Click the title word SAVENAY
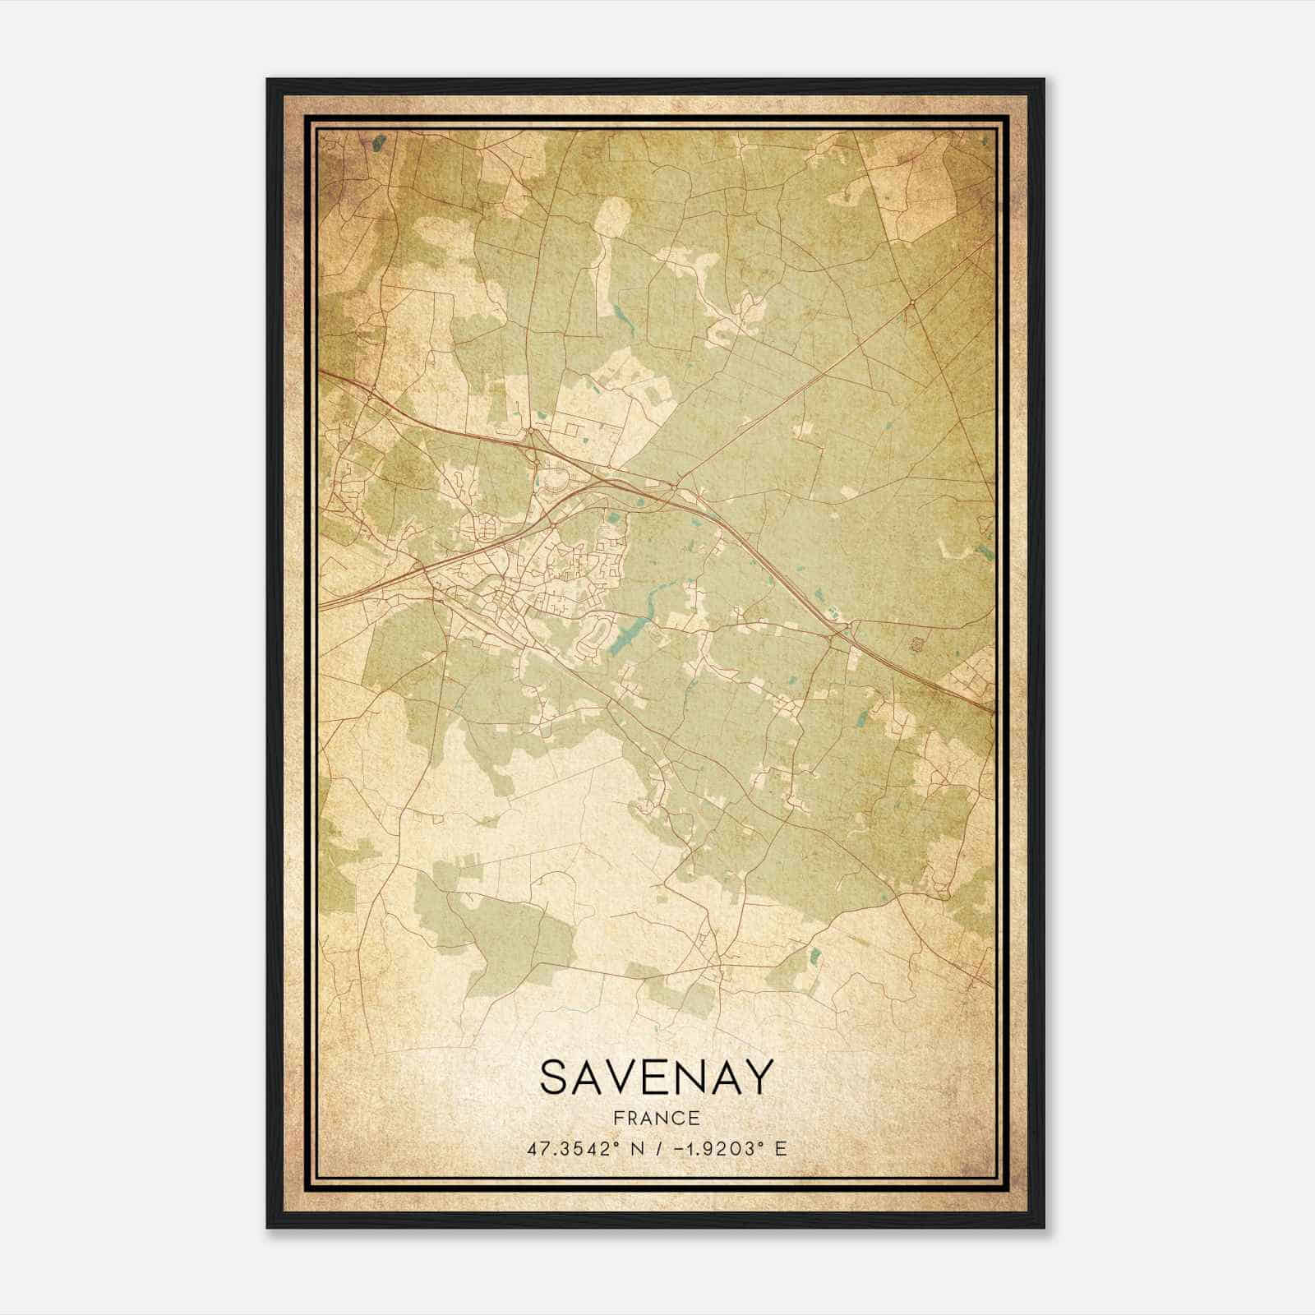pos(657,1077)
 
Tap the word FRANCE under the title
pos(656,1119)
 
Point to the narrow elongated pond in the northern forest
pos(617,312)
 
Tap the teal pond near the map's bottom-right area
pos(815,955)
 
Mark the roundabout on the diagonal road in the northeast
pos(912,304)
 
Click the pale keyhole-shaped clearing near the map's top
pos(612,218)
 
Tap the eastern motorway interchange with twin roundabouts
pos(840,633)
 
